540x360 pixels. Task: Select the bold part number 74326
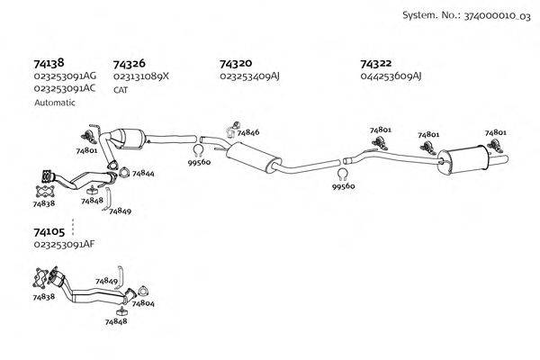pyautogui.click(x=129, y=64)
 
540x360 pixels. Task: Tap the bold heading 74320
pyautogui.click(x=235, y=64)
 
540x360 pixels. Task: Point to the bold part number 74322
pyautogui.click(x=375, y=64)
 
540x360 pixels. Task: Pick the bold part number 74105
pyautogui.click(x=49, y=232)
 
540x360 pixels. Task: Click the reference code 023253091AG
pyautogui.click(x=65, y=77)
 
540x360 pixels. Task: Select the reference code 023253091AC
pyautogui.click(x=65, y=90)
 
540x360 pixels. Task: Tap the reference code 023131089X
pyautogui.click(x=141, y=77)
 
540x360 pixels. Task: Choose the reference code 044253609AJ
pyautogui.click(x=391, y=77)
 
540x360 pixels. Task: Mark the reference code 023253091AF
pyautogui.click(x=64, y=245)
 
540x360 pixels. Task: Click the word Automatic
pyautogui.click(x=55, y=103)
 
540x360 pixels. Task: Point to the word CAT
pyautogui.click(x=121, y=90)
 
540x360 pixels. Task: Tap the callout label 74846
pyautogui.click(x=248, y=132)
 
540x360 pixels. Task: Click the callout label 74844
pyautogui.click(x=143, y=173)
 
